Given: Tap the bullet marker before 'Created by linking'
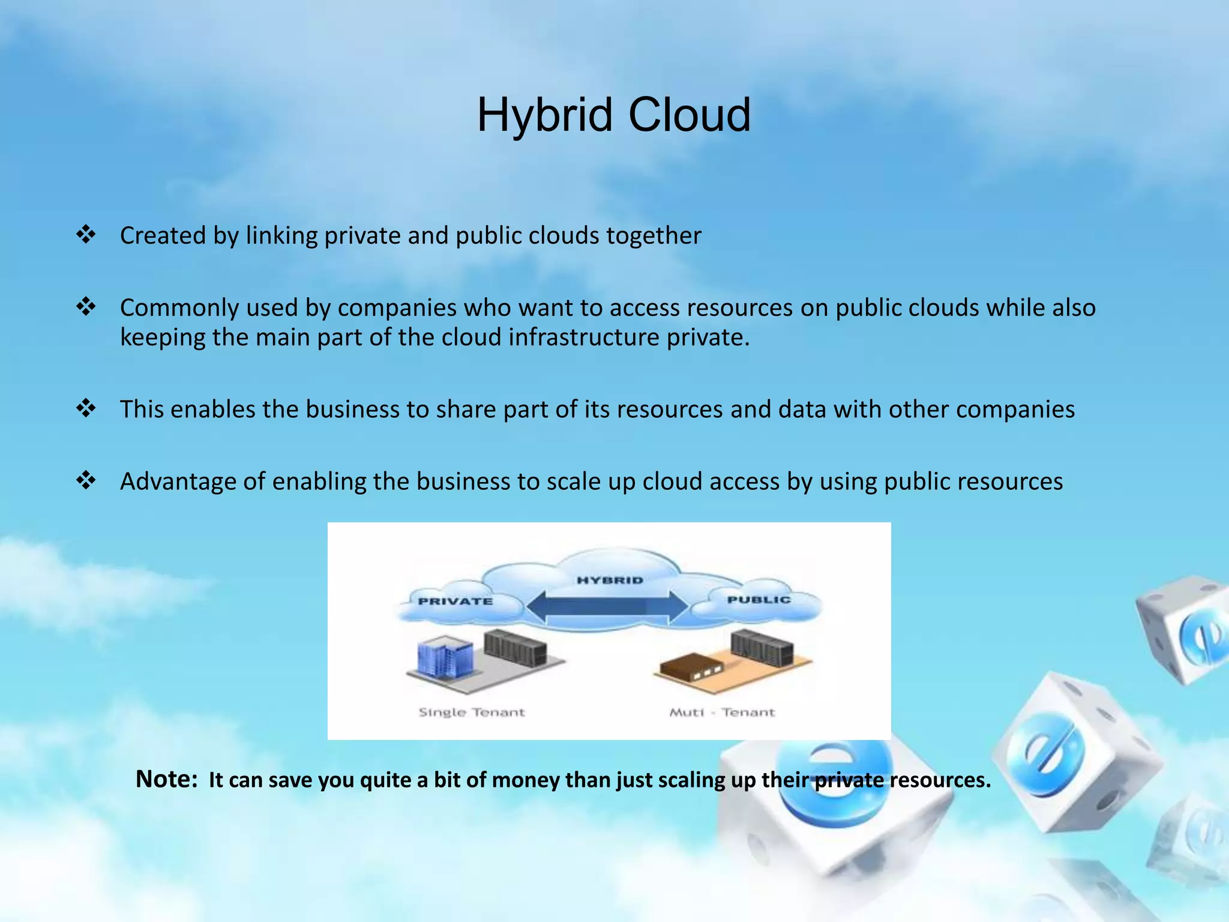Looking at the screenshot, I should point(86,234).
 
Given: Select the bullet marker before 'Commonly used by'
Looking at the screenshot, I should point(86,307).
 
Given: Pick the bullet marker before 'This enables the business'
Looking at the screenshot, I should point(86,409).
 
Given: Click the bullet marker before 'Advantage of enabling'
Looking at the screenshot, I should point(86,480).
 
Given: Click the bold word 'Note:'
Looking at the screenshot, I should point(167,779).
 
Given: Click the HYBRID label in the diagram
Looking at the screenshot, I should point(610,580).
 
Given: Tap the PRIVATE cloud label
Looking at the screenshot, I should point(455,601).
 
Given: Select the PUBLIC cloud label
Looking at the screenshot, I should point(759,599).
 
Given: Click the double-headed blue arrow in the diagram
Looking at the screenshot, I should point(607,607).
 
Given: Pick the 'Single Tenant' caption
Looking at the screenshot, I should point(472,713).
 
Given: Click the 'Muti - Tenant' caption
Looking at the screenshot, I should point(722,713).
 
